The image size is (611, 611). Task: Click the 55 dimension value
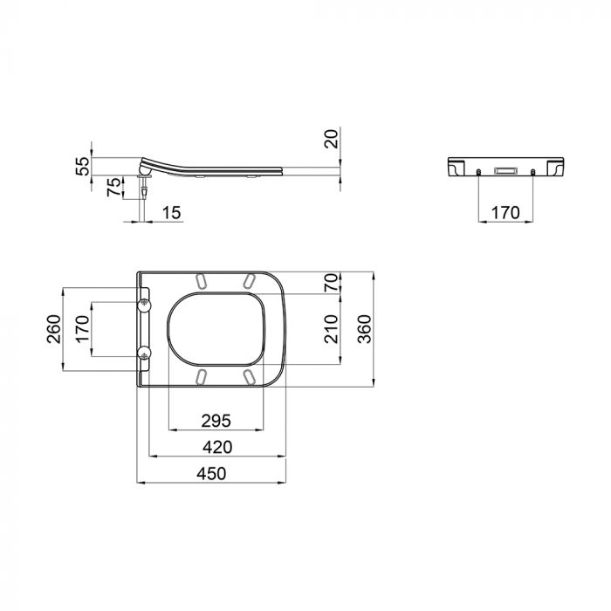point(83,167)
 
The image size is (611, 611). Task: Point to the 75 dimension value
point(112,187)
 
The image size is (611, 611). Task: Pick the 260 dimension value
point(55,331)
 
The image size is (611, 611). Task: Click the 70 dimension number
point(331,282)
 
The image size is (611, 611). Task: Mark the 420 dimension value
point(216,447)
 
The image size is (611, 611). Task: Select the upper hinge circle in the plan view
point(143,303)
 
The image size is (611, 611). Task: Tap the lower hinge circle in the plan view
point(143,353)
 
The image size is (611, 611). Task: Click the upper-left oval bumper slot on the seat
point(203,282)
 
